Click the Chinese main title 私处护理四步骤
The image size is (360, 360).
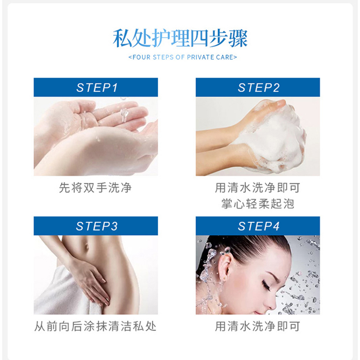coord(180,38)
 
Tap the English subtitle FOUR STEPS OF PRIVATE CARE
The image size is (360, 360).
coord(183,57)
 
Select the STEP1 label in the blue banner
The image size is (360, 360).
coord(97,87)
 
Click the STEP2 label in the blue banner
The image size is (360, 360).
coord(259,87)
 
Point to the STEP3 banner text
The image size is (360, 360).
coord(97,226)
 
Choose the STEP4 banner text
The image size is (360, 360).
coord(259,226)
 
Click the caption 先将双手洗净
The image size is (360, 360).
coord(95,188)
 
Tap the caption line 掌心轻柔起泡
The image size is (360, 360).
coord(257,204)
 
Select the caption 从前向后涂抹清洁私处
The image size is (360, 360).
coord(95,326)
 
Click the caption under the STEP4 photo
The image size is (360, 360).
coord(257,326)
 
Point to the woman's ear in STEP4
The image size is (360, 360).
coord(225,266)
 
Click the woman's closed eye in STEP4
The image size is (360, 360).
coord(266,286)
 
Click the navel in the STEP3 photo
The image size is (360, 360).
coord(87,247)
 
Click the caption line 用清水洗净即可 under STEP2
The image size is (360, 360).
coord(257,188)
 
